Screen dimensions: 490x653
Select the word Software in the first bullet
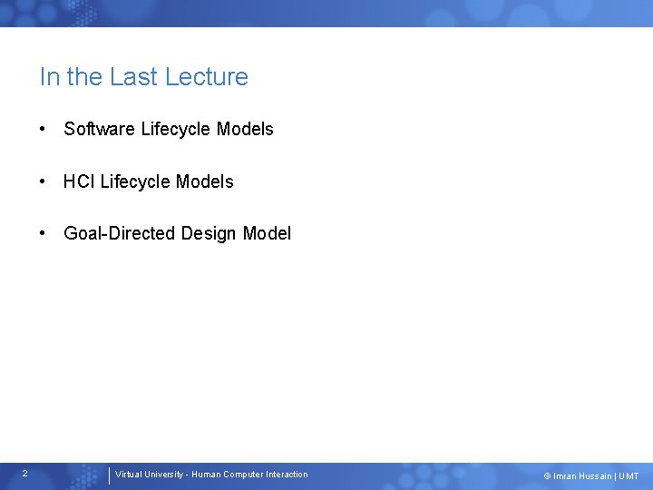tap(100, 129)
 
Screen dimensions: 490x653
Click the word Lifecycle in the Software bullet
tap(176, 129)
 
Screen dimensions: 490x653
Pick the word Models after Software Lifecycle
tap(245, 129)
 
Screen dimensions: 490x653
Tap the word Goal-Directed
tap(120, 233)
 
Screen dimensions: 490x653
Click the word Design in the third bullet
tap(210, 233)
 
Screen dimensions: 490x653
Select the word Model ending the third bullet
tap(268, 233)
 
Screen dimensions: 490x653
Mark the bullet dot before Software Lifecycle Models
tap(44, 129)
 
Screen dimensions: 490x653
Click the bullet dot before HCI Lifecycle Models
tap(44, 181)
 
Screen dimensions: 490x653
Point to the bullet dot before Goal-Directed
tap(44, 233)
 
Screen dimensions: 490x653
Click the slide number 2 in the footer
tap(24, 474)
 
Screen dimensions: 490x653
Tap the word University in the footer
tap(164, 475)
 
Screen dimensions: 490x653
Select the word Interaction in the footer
tap(287, 475)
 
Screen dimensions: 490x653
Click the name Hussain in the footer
tap(594, 476)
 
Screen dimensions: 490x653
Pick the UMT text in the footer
tap(629, 476)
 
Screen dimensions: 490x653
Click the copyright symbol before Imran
tap(547, 476)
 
